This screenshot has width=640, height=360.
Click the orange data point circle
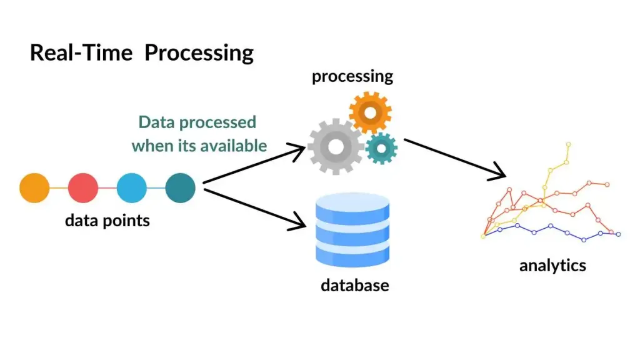coord(34,187)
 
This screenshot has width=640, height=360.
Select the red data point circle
coord(83,187)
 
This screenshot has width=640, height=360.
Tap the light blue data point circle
coord(132,187)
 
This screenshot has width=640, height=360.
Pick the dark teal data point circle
coord(181,187)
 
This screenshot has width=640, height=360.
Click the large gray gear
coord(336,147)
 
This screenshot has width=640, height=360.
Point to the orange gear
coord(370,113)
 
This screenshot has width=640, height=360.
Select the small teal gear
coord(381,148)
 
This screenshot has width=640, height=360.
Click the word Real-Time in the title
coord(81,52)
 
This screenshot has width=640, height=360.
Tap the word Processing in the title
coord(199,53)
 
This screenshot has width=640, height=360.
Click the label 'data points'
coord(107,221)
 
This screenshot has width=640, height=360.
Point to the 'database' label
coord(354,286)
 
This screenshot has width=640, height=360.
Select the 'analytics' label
coord(552,265)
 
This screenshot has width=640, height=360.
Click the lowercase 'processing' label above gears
coord(352,77)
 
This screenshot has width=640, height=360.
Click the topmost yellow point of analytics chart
coord(569,144)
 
